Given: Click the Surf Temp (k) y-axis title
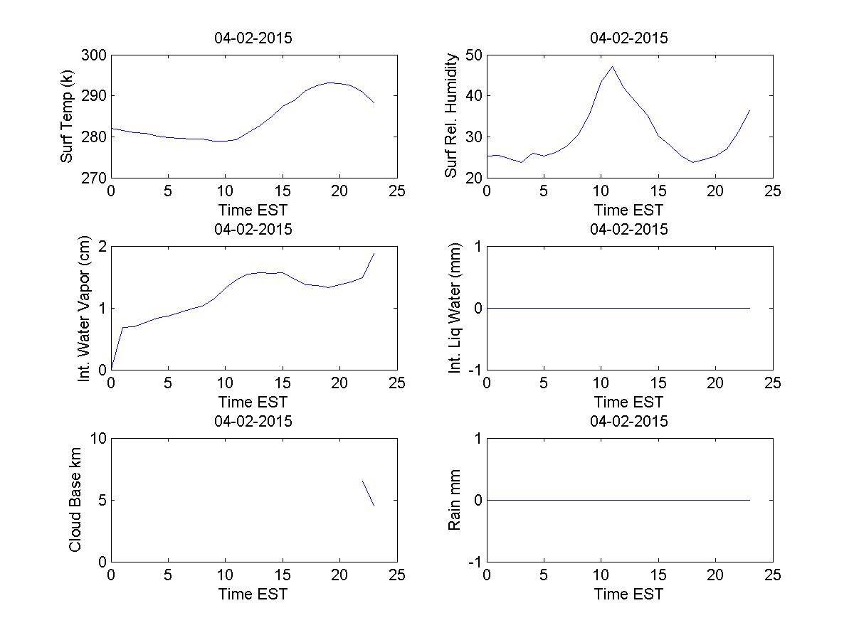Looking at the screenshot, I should (68, 116).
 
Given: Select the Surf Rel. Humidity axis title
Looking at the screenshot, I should (450, 116).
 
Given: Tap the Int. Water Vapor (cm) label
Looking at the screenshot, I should (85, 308).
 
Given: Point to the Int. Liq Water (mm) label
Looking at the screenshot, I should (455, 308).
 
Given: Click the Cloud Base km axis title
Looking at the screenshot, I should (75, 500).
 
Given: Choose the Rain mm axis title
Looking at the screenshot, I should (455, 500).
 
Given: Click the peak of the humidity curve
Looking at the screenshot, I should (612, 67).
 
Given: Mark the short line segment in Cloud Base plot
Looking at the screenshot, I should (368, 493).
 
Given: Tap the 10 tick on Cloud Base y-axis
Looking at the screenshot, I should (98, 439).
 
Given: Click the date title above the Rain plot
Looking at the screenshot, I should (629, 421).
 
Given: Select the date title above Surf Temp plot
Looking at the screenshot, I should (253, 38).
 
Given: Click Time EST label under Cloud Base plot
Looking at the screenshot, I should (253, 594).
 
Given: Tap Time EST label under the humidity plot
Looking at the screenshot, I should (629, 210).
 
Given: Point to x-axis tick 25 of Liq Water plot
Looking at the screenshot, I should (773, 383).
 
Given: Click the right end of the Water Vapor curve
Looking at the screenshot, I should (374, 254).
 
